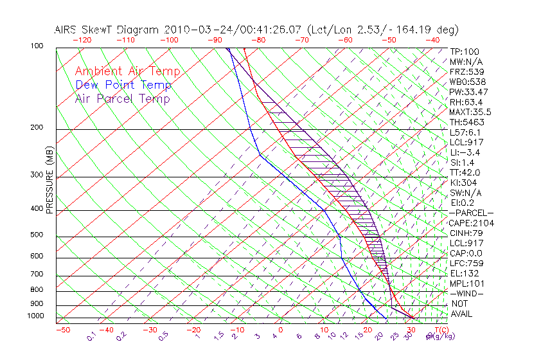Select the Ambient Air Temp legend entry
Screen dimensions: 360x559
coord(127,72)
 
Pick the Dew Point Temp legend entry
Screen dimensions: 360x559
coord(123,85)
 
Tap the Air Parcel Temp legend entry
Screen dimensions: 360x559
coord(122,99)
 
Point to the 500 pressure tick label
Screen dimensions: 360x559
coord(36,235)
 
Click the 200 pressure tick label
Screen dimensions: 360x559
coord(36,128)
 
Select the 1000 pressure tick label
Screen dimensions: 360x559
coord(36,316)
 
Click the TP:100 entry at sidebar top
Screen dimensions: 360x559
coord(465,51)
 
